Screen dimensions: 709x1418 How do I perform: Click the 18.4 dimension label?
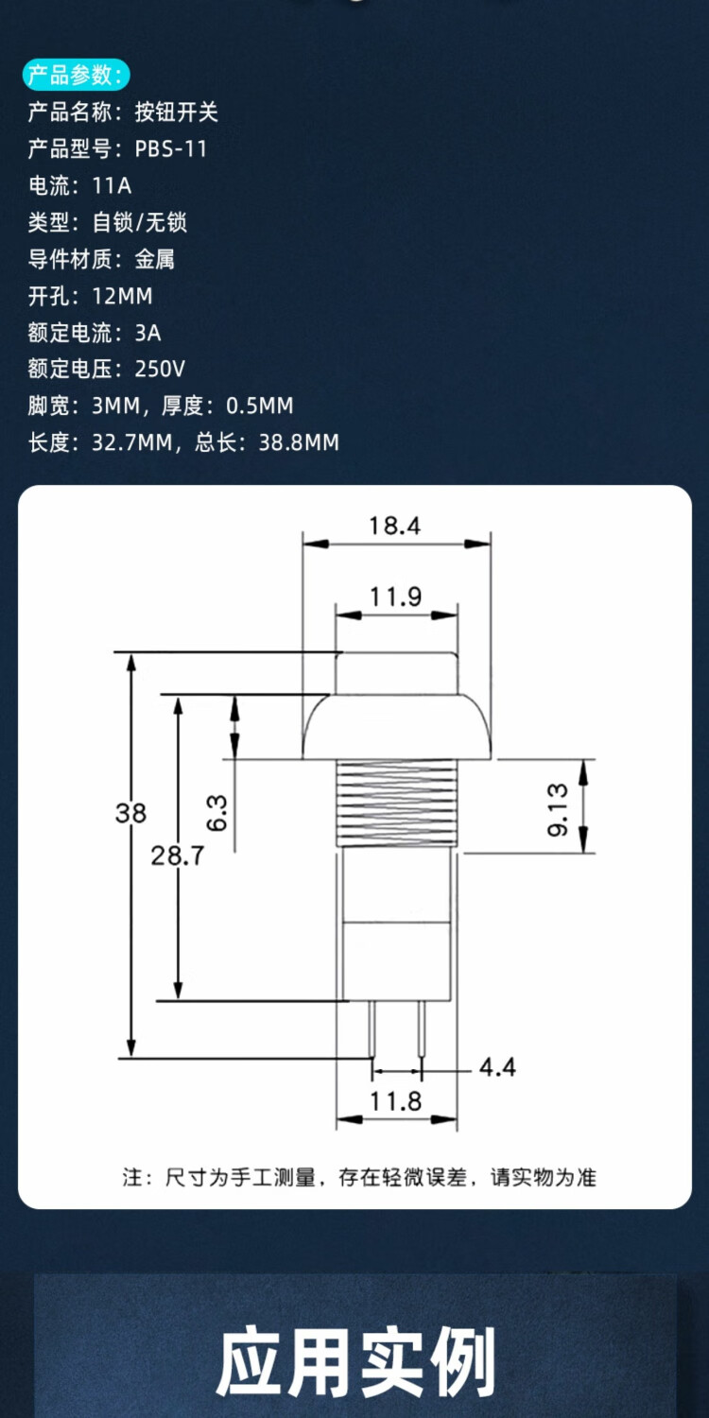click(x=394, y=526)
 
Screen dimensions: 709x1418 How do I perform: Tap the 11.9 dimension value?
click(x=396, y=597)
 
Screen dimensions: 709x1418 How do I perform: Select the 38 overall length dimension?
click(x=131, y=813)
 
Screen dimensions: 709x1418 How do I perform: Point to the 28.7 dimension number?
click(x=178, y=856)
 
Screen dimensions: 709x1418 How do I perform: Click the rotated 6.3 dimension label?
click(x=216, y=813)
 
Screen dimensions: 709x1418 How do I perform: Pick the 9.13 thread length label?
click(x=558, y=809)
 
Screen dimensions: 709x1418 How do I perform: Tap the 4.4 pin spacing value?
click(x=497, y=1067)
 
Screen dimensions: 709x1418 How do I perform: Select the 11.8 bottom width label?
click(x=396, y=1101)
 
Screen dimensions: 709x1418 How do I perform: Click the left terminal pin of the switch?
click(x=372, y=1029)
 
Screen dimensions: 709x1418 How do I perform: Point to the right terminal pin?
click(x=421, y=1029)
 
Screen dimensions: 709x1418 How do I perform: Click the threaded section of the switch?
click(x=396, y=804)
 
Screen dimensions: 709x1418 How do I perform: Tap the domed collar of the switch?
click(x=396, y=727)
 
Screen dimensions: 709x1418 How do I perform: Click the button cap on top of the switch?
click(x=396, y=673)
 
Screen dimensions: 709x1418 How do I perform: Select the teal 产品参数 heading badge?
click(x=76, y=75)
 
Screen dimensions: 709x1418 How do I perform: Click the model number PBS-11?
click(x=171, y=148)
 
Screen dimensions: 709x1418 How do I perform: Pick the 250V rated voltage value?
click(x=160, y=369)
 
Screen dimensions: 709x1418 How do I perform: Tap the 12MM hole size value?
click(x=122, y=296)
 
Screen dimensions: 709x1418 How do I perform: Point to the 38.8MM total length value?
click(x=299, y=441)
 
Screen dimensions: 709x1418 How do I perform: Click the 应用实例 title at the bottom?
click(x=355, y=1361)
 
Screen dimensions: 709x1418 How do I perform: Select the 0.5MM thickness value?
click(x=260, y=406)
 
